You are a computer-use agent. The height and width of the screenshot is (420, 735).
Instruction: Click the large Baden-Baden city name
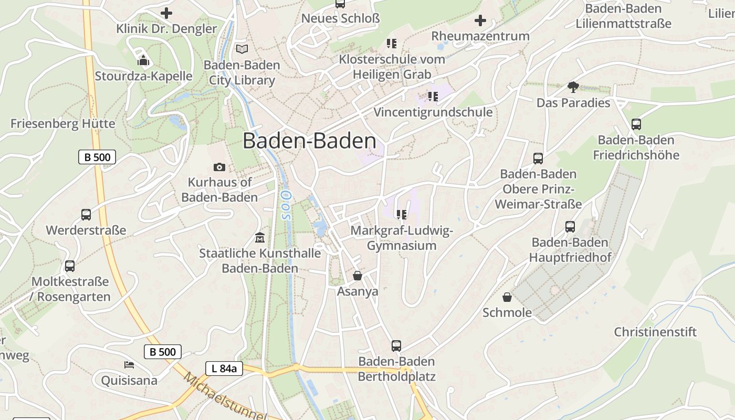pos(309,141)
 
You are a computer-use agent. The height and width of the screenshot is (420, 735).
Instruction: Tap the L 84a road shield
pos(224,369)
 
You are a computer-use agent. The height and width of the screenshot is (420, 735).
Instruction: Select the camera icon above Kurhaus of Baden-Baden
pos(219,167)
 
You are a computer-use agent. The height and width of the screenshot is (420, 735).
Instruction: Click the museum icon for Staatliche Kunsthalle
pos(259,238)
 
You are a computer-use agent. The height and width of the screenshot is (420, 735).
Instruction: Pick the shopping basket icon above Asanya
pos(358,276)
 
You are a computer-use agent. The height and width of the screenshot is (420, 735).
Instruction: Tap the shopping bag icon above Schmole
pos(507,297)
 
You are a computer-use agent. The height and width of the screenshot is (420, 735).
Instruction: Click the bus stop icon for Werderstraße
pos(86,214)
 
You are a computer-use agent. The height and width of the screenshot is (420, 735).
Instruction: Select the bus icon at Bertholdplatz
pos(396,346)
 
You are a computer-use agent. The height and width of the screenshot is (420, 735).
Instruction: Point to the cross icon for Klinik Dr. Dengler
pos(166,13)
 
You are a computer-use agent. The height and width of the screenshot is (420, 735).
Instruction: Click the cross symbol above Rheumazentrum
pos(480,21)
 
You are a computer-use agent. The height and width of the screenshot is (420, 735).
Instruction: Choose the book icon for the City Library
pos(241,49)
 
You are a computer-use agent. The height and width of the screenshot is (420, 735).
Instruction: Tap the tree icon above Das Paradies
pos(573,87)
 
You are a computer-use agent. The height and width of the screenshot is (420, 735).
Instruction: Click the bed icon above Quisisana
pos(129,364)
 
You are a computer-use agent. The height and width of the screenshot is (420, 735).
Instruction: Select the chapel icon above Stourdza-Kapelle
pos(143,60)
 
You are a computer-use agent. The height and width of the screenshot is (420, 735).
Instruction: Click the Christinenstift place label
pos(655,332)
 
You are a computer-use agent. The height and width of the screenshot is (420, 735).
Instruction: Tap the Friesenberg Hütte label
pos(62,124)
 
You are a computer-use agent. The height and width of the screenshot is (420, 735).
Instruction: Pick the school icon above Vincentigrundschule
pos(433,97)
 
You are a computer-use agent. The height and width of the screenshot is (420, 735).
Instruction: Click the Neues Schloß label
pos(340,18)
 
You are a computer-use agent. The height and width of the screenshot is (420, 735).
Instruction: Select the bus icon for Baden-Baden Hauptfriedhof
pos(570,227)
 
